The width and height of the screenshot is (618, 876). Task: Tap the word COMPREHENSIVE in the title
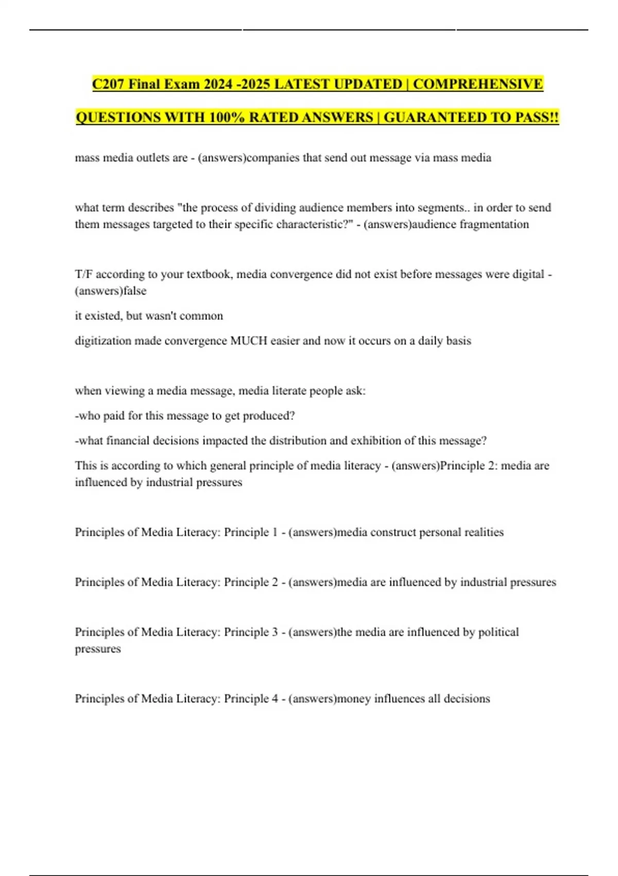pos(478,84)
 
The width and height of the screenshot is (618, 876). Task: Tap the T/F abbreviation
pos(83,274)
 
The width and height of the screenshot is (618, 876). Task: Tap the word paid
pos(114,416)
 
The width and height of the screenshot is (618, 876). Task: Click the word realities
pos(484,532)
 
